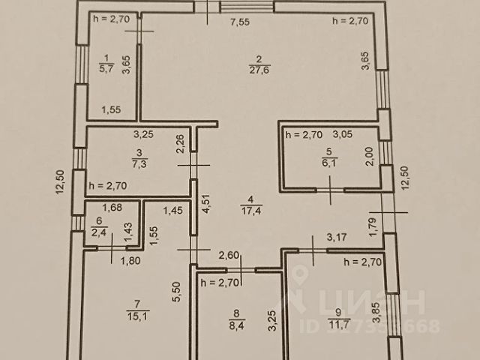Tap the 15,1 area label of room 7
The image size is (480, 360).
click(138, 314)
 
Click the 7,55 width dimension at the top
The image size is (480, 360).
click(239, 22)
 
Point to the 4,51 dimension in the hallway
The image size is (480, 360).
click(206, 205)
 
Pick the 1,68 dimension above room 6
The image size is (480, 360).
click(112, 208)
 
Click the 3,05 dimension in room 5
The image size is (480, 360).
click(342, 135)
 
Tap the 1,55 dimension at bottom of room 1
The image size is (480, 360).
click(112, 109)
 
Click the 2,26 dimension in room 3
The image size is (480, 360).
click(180, 143)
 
